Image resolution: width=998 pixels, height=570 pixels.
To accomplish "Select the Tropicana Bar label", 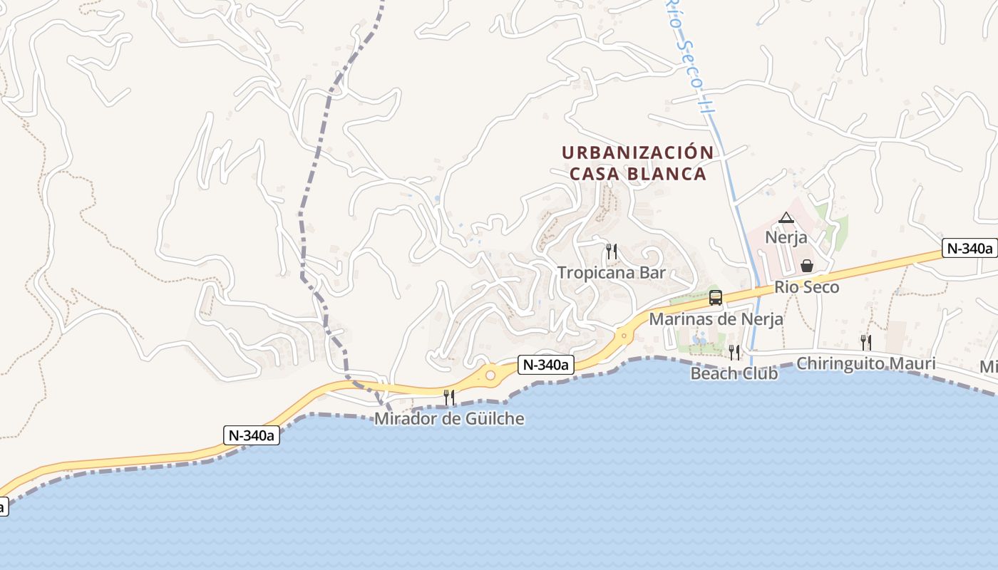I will click(x=611, y=273).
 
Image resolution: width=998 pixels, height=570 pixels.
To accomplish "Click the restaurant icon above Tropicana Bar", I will click(x=611, y=251).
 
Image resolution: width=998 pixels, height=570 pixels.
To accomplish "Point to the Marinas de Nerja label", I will click(x=716, y=319).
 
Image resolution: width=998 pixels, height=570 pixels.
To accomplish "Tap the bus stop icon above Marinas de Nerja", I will click(x=716, y=298).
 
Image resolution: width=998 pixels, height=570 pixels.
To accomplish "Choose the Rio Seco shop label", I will click(x=807, y=287).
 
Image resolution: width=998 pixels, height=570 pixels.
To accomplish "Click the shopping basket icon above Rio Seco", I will click(x=807, y=266).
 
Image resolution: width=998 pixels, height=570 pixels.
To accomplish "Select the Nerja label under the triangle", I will click(x=786, y=237).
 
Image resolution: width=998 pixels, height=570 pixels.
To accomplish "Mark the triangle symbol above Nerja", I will click(x=786, y=217).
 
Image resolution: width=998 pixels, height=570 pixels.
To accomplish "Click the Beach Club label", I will click(x=734, y=373).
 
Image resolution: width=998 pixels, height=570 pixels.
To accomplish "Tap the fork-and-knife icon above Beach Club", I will click(x=734, y=352).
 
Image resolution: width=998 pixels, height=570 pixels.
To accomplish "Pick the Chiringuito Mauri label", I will click(x=865, y=364).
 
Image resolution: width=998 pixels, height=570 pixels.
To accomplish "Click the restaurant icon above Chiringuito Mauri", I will click(x=865, y=343).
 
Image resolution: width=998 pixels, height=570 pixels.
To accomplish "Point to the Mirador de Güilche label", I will click(x=449, y=419).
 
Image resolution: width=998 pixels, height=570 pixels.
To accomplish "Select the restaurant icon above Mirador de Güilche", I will click(x=449, y=397).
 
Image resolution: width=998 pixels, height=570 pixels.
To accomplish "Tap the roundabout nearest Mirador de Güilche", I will click(x=490, y=374).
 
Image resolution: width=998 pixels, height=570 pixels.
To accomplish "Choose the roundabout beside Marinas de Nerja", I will click(x=624, y=334).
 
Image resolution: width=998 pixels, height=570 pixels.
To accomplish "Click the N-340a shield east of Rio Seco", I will click(x=968, y=248).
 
